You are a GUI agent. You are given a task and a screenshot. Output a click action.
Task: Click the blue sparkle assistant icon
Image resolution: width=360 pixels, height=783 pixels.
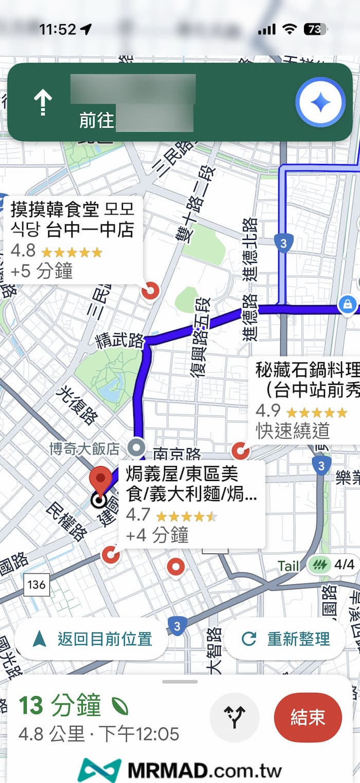point(320,103)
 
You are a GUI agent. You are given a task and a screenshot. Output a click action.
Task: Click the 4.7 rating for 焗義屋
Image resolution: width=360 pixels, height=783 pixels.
point(138,514)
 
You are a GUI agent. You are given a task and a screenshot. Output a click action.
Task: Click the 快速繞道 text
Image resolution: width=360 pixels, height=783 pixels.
point(292,431)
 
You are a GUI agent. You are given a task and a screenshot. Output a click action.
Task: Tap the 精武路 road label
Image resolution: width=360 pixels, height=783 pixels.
point(119,341)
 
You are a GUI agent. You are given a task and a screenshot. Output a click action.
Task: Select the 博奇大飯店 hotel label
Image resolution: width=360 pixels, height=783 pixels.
point(84,449)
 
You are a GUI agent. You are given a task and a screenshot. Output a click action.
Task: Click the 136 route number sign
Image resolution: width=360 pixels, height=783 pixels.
point(37,584)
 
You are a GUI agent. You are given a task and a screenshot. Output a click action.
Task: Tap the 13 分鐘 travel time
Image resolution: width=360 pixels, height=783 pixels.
point(60,706)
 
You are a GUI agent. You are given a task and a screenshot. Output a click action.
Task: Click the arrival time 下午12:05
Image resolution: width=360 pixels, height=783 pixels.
point(139,734)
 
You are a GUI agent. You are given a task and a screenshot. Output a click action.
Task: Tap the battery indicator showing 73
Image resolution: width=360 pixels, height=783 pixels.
point(315,29)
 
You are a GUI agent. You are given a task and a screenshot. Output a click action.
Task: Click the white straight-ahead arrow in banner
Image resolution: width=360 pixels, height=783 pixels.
point(43,103)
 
